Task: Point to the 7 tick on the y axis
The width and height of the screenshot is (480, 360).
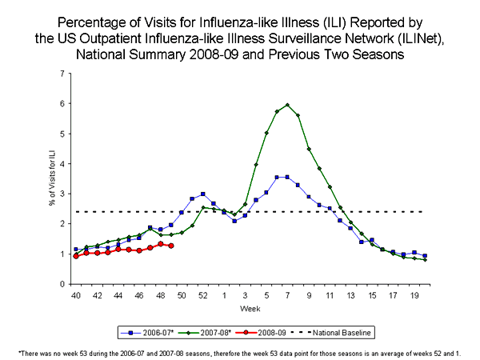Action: [x=62, y=74]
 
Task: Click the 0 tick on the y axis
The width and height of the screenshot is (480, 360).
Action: [x=62, y=284]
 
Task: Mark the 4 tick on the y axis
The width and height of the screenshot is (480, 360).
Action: [x=62, y=164]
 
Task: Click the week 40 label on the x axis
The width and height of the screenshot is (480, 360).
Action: [x=76, y=294]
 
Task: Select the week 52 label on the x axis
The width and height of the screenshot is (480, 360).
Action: [x=203, y=294]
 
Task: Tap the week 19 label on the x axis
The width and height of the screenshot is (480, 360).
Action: [x=414, y=294]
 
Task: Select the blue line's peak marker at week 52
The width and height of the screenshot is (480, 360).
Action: [x=203, y=194]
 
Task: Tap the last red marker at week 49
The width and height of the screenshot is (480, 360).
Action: [x=171, y=246]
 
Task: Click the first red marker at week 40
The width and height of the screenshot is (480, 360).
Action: [x=76, y=256]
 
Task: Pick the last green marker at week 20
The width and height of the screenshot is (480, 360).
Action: [x=425, y=260]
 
